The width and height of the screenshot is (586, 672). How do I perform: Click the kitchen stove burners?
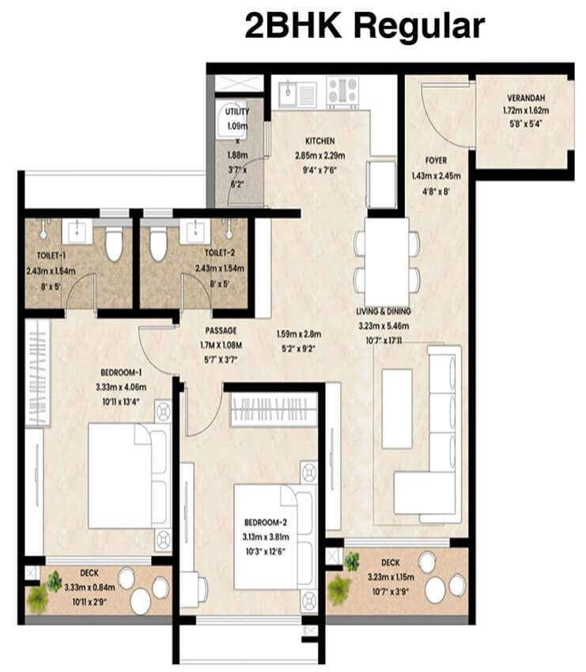point(342,92)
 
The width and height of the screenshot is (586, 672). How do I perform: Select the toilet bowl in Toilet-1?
point(114,242)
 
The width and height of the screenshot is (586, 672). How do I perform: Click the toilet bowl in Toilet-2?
point(158,242)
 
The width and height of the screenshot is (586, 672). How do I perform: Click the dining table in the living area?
point(388,255)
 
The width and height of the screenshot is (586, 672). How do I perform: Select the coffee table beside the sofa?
point(396,407)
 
